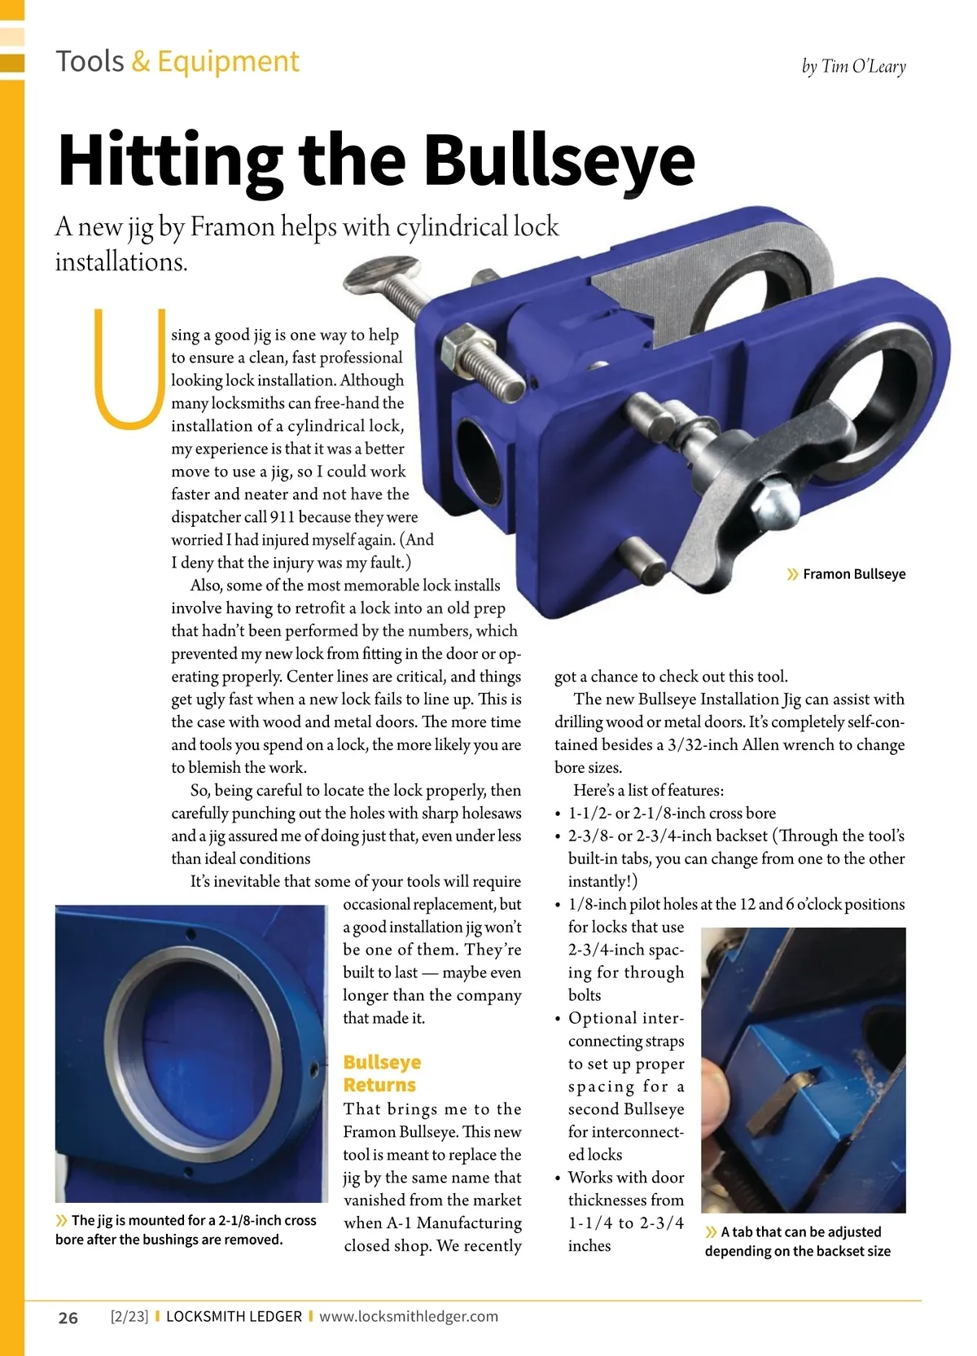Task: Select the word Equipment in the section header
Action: [x=228, y=62]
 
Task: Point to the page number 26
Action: [x=68, y=1318]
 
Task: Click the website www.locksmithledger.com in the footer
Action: [x=409, y=1316]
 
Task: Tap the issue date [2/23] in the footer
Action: [x=129, y=1316]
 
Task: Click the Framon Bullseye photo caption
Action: [x=853, y=574]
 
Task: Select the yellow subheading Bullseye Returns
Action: [x=381, y=1073]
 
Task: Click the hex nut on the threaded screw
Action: [x=461, y=346]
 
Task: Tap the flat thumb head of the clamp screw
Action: [x=380, y=272]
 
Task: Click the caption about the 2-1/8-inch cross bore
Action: [x=186, y=1230]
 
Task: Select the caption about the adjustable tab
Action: [x=798, y=1241]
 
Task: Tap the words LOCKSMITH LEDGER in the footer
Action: [x=234, y=1316]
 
